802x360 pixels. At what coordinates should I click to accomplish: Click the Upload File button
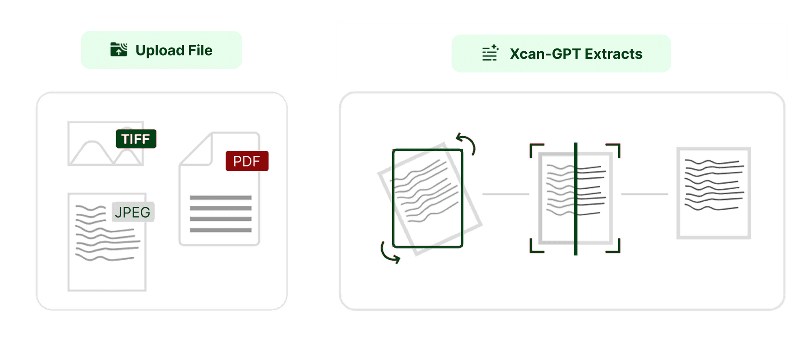[161, 50]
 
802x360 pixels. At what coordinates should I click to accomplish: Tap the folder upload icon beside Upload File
[119, 49]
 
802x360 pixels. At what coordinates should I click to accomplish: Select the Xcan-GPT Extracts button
[561, 53]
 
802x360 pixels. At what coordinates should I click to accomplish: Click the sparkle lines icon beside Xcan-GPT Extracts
[490, 53]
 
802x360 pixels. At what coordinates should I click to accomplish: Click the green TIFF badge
[136, 139]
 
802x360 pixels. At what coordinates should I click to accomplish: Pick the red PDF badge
[246, 161]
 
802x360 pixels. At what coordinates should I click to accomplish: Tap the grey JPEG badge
[133, 212]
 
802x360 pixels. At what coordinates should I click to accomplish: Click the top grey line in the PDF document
[221, 198]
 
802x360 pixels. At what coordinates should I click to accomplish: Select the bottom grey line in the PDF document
[221, 230]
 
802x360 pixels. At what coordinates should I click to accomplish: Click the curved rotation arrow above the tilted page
[467, 143]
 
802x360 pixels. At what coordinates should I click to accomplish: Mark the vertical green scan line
[575, 199]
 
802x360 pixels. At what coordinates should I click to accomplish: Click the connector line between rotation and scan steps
[505, 194]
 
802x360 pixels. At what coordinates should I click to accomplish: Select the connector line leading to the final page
[645, 194]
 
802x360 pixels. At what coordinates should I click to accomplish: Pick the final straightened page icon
[713, 193]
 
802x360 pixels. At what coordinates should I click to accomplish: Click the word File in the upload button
[200, 50]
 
